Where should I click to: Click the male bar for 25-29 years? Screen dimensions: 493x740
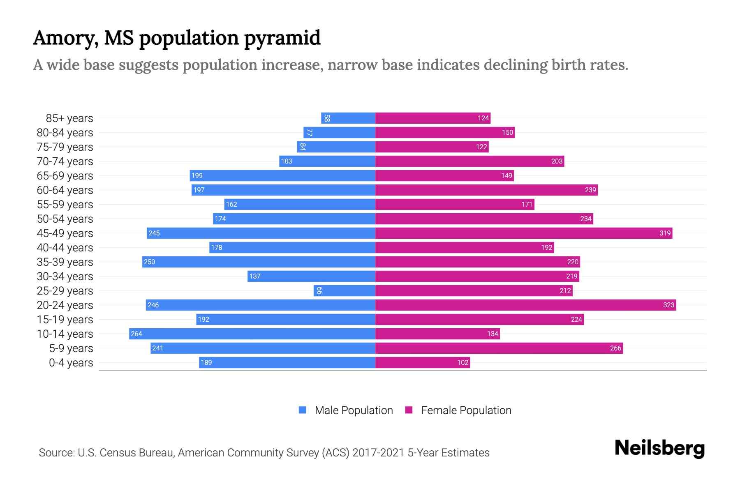(x=345, y=290)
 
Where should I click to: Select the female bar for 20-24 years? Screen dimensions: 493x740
(x=525, y=305)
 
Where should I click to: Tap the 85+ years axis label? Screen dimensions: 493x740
(x=69, y=118)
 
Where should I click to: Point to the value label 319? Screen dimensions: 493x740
(x=665, y=233)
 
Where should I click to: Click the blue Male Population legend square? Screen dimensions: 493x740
(x=303, y=410)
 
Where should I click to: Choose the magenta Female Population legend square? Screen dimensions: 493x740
(x=409, y=410)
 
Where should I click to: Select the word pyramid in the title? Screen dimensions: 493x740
(x=282, y=39)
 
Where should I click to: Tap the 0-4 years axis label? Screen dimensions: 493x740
(x=71, y=363)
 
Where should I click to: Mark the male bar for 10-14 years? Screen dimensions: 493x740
(x=252, y=334)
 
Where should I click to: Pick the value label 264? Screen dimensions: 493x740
(x=136, y=334)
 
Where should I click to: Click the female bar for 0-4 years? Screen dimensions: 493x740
(x=422, y=362)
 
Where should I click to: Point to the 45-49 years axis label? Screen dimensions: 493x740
(x=65, y=233)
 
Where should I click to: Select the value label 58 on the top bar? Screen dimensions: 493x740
(x=327, y=118)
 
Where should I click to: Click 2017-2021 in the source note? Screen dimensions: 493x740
(x=378, y=453)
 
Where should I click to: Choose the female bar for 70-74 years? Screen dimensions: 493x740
(x=469, y=161)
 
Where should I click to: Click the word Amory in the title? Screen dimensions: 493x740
(x=65, y=38)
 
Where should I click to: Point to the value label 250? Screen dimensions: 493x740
(x=149, y=262)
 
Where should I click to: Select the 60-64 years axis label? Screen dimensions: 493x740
(x=65, y=190)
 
